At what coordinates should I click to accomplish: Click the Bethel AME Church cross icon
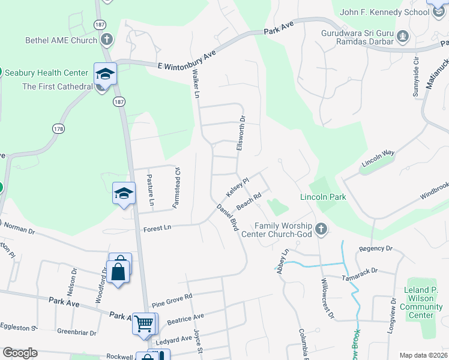(106, 40)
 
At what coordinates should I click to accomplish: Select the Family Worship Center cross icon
(321, 229)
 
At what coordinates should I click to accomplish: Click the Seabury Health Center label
(46, 73)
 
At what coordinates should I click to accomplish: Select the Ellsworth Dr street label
(241, 133)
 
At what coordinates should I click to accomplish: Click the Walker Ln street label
(195, 82)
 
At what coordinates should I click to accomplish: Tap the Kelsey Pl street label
(237, 187)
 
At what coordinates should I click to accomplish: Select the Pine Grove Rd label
(172, 297)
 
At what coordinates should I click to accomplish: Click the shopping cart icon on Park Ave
(143, 323)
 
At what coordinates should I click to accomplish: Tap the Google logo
(20, 353)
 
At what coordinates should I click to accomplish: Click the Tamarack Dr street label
(375, 271)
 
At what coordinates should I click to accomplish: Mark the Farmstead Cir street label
(176, 187)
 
